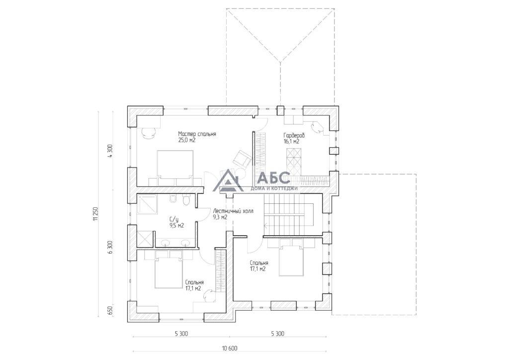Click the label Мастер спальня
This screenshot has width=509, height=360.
[x=197, y=134]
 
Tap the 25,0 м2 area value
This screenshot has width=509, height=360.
[x=187, y=140]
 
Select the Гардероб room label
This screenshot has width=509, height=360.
[x=294, y=135]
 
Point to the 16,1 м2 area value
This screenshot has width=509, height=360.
[x=291, y=142]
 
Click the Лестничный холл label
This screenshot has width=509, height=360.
[x=233, y=211]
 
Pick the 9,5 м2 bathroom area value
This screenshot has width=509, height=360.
[x=176, y=226]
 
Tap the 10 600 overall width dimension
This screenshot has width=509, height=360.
[x=230, y=349]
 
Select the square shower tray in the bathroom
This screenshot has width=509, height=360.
[x=147, y=204]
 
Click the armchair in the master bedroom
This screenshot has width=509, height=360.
[x=242, y=159]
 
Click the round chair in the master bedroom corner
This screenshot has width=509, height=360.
[x=149, y=132]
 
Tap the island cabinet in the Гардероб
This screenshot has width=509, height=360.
[x=294, y=161]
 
